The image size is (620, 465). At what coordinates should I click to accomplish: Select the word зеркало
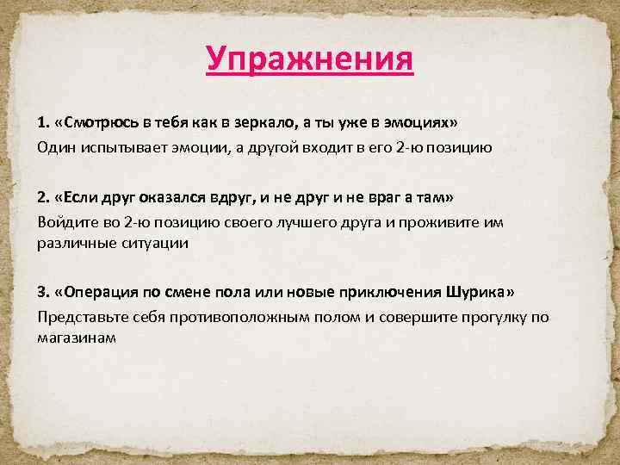tap(269, 124)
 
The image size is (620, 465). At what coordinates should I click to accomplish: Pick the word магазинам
tap(76, 338)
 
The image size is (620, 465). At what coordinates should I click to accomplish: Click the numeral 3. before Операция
tap(43, 293)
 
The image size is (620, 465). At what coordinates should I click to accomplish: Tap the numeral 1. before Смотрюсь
tap(42, 124)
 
